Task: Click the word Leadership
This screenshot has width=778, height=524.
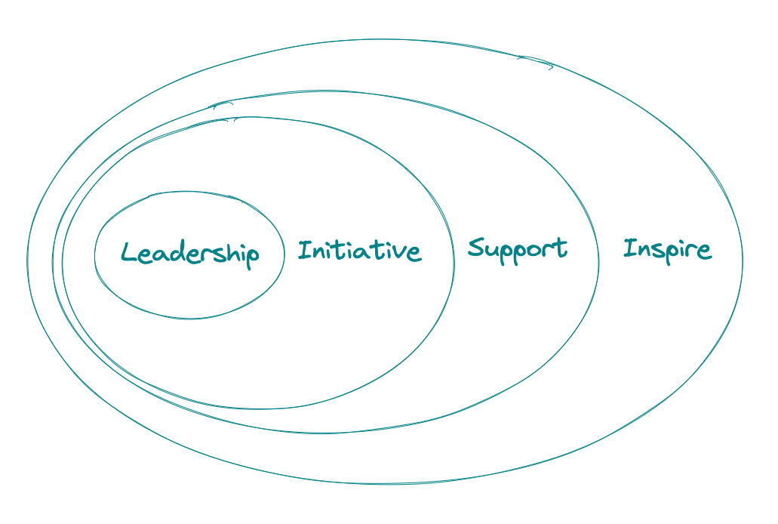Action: coord(190,254)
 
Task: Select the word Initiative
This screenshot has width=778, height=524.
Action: coord(359,250)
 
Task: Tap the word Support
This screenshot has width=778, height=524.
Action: coord(518,248)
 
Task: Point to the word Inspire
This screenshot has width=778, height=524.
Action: coord(667,249)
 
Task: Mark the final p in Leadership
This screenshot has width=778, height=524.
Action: coord(251,257)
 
